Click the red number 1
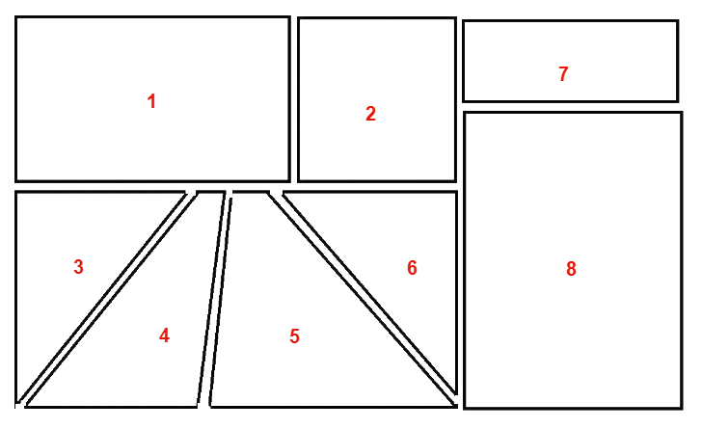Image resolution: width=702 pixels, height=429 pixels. point(151,101)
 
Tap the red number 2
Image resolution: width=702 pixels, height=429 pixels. point(370,114)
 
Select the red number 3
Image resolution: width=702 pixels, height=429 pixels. point(78,266)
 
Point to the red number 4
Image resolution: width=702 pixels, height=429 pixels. point(164,335)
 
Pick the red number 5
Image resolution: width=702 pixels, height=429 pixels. point(294,335)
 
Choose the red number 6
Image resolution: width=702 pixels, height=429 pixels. point(412,267)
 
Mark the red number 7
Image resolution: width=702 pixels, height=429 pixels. point(563,73)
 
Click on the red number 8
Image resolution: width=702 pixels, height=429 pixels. point(571,269)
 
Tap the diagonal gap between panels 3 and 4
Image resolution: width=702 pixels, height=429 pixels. point(106,299)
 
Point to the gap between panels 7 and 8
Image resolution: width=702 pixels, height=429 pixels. point(571,107)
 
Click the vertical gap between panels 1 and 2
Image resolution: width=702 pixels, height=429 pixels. point(294,99)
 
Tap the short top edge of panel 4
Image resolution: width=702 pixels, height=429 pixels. point(210,193)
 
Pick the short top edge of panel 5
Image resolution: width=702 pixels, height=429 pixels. point(251,193)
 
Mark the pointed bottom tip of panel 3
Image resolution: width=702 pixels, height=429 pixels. point(17,402)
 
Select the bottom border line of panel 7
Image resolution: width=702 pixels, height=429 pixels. point(571,101)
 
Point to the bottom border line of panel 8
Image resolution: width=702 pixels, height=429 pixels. point(573,408)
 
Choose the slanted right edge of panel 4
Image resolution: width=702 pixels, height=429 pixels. point(210,299)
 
